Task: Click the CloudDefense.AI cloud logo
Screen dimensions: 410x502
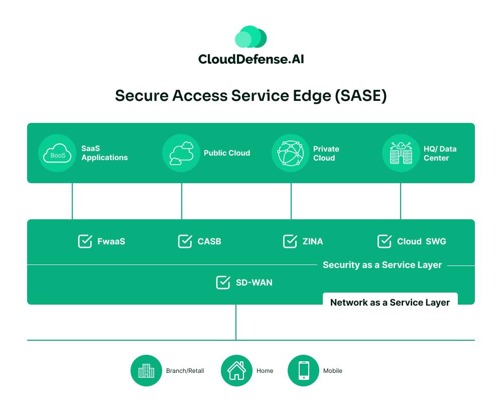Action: [x=250, y=38]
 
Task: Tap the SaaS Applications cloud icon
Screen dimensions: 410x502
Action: [x=57, y=153]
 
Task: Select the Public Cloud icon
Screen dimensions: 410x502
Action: [x=181, y=153]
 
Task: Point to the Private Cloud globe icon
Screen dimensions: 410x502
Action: [x=291, y=153]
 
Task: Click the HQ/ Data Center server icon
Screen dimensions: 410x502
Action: [x=401, y=153]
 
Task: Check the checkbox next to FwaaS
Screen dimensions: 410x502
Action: [x=85, y=241]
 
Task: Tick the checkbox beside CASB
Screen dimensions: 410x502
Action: [x=185, y=241]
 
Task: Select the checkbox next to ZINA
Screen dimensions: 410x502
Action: [x=290, y=241]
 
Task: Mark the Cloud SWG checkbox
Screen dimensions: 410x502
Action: [x=385, y=241]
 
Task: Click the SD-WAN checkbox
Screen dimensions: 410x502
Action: [x=223, y=283]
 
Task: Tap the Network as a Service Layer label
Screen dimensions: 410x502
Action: [x=390, y=303]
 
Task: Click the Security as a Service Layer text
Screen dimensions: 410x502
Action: [x=382, y=265]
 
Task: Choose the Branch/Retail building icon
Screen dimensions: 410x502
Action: [x=146, y=371]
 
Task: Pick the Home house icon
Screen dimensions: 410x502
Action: [x=236, y=371]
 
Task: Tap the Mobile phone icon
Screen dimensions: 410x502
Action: [x=303, y=371]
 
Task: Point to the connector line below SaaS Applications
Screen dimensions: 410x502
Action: [x=72, y=201]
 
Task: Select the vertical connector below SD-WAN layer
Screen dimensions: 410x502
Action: [x=236, y=322]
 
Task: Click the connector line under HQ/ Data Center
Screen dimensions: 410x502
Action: [x=401, y=201]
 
